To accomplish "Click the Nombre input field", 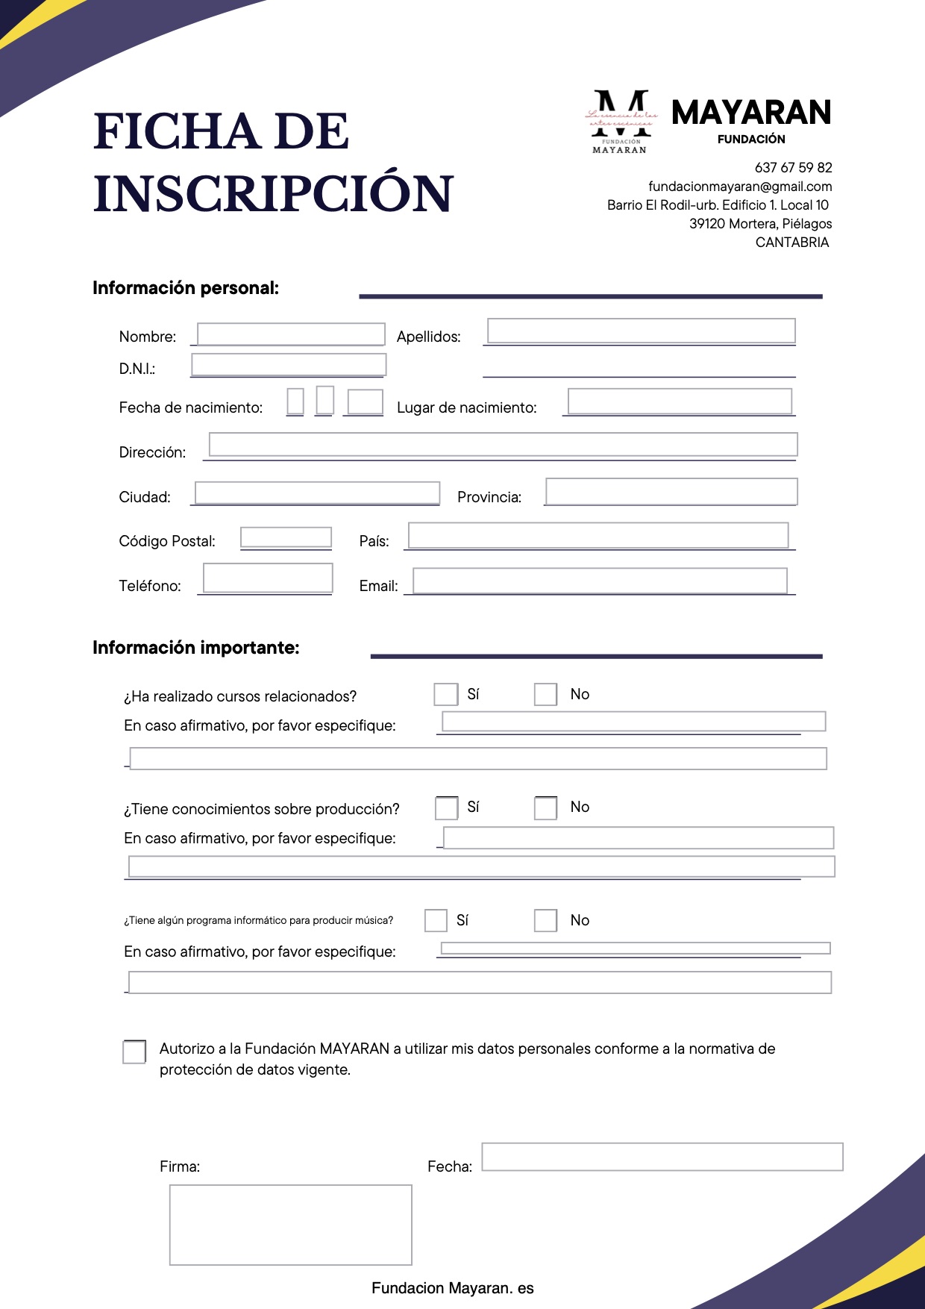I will (291, 334).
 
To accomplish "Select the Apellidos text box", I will (641, 331).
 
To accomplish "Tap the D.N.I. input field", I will (289, 364).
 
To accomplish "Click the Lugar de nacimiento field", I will (679, 401).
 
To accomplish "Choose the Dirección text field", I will (503, 444).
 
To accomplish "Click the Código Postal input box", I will (286, 537).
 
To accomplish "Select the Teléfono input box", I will (268, 578).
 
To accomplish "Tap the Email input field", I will (600, 581).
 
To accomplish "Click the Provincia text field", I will (671, 491).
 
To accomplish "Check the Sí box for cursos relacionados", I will (445, 694).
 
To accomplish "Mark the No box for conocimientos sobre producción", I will (545, 807).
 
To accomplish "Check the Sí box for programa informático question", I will (436, 920).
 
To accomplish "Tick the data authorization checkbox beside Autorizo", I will (134, 1052).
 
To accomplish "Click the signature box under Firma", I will (290, 1225).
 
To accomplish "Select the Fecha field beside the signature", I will (662, 1156).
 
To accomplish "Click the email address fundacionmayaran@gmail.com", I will (740, 187).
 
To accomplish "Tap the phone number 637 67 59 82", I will (793, 168).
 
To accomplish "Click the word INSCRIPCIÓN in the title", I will (273, 193).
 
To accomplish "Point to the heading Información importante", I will (196, 648).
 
